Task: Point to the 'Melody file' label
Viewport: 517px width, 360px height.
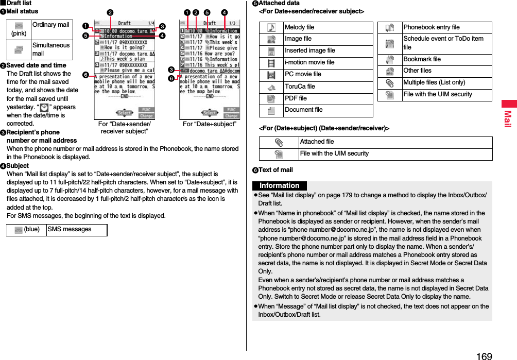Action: (x=299, y=27)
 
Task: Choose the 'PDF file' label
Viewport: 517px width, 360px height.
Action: (x=296, y=98)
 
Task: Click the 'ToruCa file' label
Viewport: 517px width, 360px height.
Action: (x=300, y=86)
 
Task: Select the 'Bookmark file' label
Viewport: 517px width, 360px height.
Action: (x=422, y=59)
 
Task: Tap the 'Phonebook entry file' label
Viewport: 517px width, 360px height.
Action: (x=431, y=27)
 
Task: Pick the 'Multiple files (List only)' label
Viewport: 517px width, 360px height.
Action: (x=434, y=82)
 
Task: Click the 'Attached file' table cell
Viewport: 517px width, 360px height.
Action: (x=317, y=142)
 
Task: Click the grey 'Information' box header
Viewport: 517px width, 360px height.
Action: (x=280, y=185)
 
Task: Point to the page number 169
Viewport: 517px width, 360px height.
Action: (x=484, y=355)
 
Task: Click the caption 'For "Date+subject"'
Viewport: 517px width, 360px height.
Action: (x=210, y=124)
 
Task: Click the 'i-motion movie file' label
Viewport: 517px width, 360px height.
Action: (x=309, y=62)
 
